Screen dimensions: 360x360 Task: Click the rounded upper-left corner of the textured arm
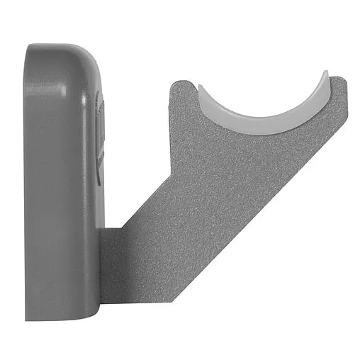coord(174,82)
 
